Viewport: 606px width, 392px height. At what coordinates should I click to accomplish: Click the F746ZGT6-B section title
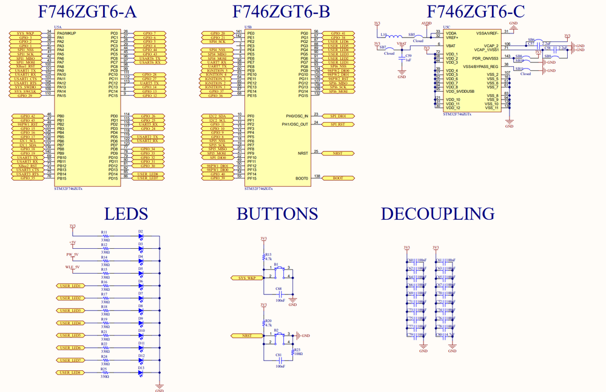click(281, 12)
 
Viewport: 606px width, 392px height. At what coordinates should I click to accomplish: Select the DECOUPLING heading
click(437, 214)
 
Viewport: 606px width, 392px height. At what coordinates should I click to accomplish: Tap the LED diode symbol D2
click(141, 237)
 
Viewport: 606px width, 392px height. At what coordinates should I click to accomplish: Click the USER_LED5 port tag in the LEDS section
click(71, 336)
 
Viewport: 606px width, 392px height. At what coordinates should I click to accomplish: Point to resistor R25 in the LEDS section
click(105, 373)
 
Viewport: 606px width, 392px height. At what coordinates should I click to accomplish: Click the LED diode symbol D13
click(141, 373)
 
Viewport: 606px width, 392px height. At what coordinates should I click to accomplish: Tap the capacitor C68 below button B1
click(280, 292)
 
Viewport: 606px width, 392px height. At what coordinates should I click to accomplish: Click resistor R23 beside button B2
click(296, 354)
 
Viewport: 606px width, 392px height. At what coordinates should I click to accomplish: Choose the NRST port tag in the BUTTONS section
click(247, 336)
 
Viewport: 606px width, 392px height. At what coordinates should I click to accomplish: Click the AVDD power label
click(426, 23)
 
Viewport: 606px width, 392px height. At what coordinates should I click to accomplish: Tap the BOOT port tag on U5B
click(337, 178)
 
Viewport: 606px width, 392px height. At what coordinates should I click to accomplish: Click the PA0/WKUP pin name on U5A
click(67, 33)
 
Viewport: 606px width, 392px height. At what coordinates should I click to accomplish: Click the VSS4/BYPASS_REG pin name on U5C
click(480, 67)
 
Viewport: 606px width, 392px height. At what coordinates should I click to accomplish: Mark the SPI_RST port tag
click(337, 124)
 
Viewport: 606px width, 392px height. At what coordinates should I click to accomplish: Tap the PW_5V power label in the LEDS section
click(72, 255)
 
